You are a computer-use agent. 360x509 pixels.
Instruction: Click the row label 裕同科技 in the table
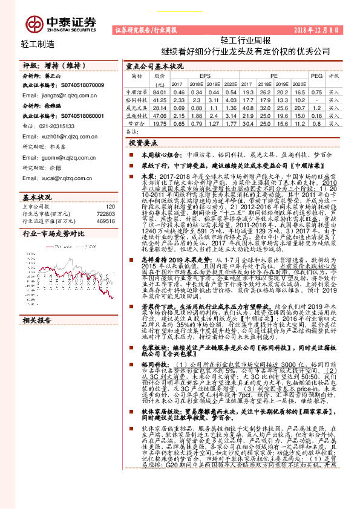(137, 99)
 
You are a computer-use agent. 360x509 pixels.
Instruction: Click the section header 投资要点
(143, 143)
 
